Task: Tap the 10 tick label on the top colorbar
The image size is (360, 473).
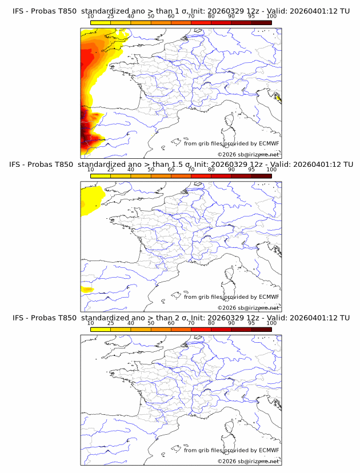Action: point(90,17)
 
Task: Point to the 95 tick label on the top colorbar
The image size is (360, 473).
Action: point(251,17)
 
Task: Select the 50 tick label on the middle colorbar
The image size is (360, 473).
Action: point(151,170)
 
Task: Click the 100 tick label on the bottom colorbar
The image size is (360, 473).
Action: point(271,323)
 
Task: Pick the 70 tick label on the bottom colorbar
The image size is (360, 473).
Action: point(191,323)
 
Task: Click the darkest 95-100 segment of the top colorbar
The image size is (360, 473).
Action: point(261,22)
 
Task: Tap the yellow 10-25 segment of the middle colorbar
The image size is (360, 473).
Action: point(101,176)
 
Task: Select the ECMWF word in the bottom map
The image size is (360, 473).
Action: point(269,450)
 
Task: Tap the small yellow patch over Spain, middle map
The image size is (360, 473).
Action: point(87,290)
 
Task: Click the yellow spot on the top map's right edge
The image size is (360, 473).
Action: point(278,98)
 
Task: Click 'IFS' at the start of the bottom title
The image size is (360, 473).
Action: point(18,318)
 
